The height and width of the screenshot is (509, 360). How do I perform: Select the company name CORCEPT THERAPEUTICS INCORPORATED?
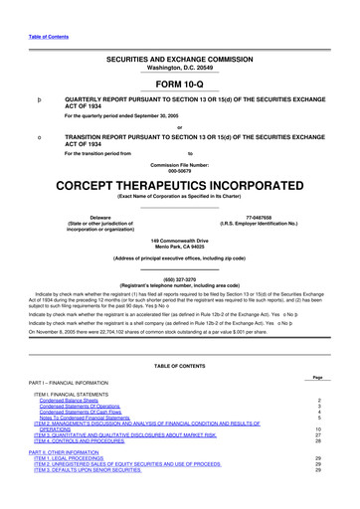(x=179, y=186)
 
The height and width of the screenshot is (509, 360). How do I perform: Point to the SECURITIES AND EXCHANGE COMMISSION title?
(x=179, y=59)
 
